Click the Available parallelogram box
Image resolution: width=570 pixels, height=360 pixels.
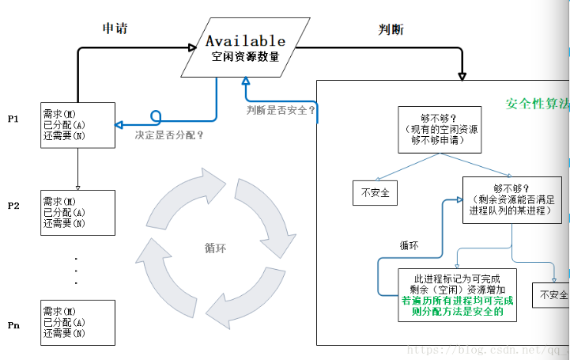coord(244,48)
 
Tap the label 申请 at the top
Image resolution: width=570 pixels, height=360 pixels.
coord(115,28)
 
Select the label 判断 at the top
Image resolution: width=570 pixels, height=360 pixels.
coord(391,29)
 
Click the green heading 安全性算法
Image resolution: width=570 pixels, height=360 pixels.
coord(537,104)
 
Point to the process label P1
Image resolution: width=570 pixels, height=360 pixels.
coord(13,119)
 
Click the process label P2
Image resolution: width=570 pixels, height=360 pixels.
coord(13,206)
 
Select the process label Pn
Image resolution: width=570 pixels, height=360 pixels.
coord(13,325)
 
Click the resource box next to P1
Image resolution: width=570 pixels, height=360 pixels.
coord(77,125)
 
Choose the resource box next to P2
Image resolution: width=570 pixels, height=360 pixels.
coord(77,213)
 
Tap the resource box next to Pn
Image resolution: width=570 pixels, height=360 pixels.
coord(77,323)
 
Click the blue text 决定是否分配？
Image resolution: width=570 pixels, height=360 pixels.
coord(169,135)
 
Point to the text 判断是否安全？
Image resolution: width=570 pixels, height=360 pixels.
coord(281,110)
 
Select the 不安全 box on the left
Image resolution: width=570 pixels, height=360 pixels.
coord(376,192)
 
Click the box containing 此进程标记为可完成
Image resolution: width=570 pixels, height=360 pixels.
coord(459,294)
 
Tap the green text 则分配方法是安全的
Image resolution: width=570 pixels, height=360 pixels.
coord(458,312)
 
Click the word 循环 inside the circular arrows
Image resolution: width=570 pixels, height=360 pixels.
coord(215,248)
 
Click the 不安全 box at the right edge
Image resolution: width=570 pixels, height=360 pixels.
coord(553,295)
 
